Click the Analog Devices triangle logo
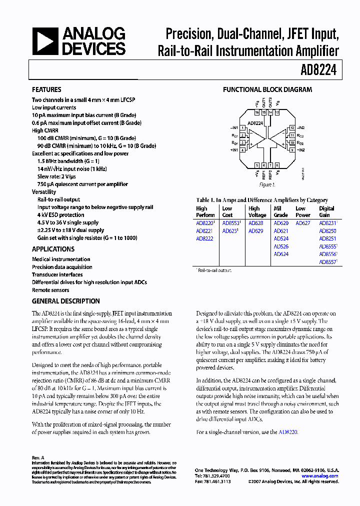tap(45, 41)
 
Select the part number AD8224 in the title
tap(319, 70)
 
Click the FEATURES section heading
tap(46, 90)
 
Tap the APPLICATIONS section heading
tap(53, 249)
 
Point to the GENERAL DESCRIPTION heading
tap(66, 301)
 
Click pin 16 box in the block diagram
tap(257, 113)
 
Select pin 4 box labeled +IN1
tap(242, 149)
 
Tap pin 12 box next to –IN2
tap(292, 128)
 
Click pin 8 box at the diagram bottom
tap(277, 165)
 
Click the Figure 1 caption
tap(267, 185)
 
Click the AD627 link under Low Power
tap(302, 223)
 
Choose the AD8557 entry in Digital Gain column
tap(327, 261)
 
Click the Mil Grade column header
tap(281, 212)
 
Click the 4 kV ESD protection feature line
tap(60, 215)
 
